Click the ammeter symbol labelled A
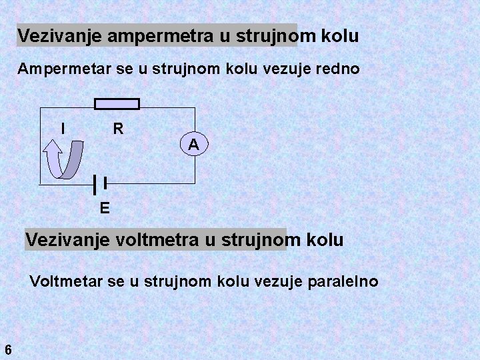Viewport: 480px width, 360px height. (x=193, y=143)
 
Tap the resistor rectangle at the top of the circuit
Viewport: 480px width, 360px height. (x=117, y=103)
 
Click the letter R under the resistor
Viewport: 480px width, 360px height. (x=118, y=128)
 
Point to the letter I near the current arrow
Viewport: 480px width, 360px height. (x=63, y=127)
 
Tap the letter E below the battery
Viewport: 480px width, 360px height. (x=105, y=208)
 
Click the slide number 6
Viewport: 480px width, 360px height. (x=7, y=349)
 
